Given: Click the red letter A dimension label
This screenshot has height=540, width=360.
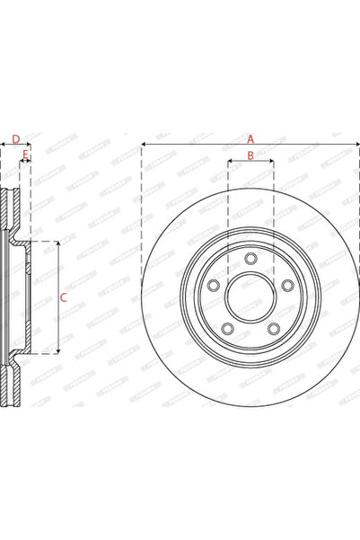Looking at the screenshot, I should click(x=251, y=138).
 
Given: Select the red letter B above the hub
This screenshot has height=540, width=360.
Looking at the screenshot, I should click(x=250, y=156).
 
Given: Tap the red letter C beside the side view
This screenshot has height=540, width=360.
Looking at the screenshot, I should click(x=62, y=297).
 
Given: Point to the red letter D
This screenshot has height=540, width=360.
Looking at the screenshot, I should click(x=15, y=138).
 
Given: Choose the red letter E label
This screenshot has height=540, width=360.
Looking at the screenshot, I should click(x=25, y=155).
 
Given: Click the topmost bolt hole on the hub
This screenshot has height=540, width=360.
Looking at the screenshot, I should click(x=250, y=260).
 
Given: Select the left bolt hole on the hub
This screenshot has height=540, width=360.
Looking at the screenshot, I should click(x=213, y=286).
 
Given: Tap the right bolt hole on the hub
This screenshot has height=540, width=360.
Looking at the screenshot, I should click(x=288, y=286).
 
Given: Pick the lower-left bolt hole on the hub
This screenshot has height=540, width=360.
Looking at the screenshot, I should click(x=227, y=328).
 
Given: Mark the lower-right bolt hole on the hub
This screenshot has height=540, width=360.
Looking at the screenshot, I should click(x=274, y=328).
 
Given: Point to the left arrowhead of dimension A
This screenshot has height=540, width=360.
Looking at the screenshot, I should click(x=145, y=146).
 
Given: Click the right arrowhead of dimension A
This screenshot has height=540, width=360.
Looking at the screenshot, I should click(x=356, y=146).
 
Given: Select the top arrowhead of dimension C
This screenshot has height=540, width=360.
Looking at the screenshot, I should click(x=58, y=243).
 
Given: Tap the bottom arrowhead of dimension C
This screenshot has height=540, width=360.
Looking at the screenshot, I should click(x=58, y=350).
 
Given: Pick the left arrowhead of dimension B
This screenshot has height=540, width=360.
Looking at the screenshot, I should click(x=231, y=164).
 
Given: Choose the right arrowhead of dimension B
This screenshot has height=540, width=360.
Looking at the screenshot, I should click(x=270, y=164).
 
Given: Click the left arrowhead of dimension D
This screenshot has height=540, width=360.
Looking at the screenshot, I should click(x=3, y=146).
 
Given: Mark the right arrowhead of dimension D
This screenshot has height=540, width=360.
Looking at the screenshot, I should click(x=29, y=146).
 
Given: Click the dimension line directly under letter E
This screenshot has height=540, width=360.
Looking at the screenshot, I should click(x=25, y=164).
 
